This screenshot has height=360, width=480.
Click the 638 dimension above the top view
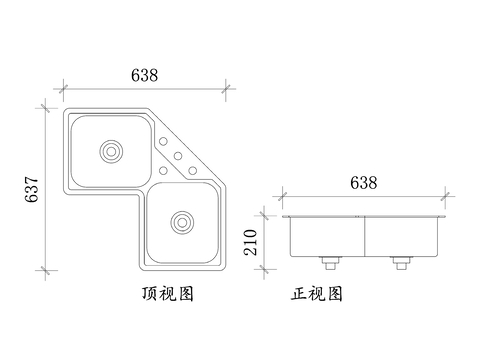point(144,75)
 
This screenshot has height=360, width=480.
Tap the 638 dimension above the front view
point(362,183)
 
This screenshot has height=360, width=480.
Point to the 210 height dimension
point(251,241)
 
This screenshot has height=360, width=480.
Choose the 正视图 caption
point(317,295)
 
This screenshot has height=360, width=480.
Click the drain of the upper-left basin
point(110,152)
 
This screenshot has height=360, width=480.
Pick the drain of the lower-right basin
point(182,220)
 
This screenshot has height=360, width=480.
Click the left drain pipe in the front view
point(329,264)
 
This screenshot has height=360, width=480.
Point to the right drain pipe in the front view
point(401,264)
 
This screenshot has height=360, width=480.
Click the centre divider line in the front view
point(365,236)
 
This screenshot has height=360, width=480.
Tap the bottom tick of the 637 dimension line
point(45,270)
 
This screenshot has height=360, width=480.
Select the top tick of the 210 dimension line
point(266,212)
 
